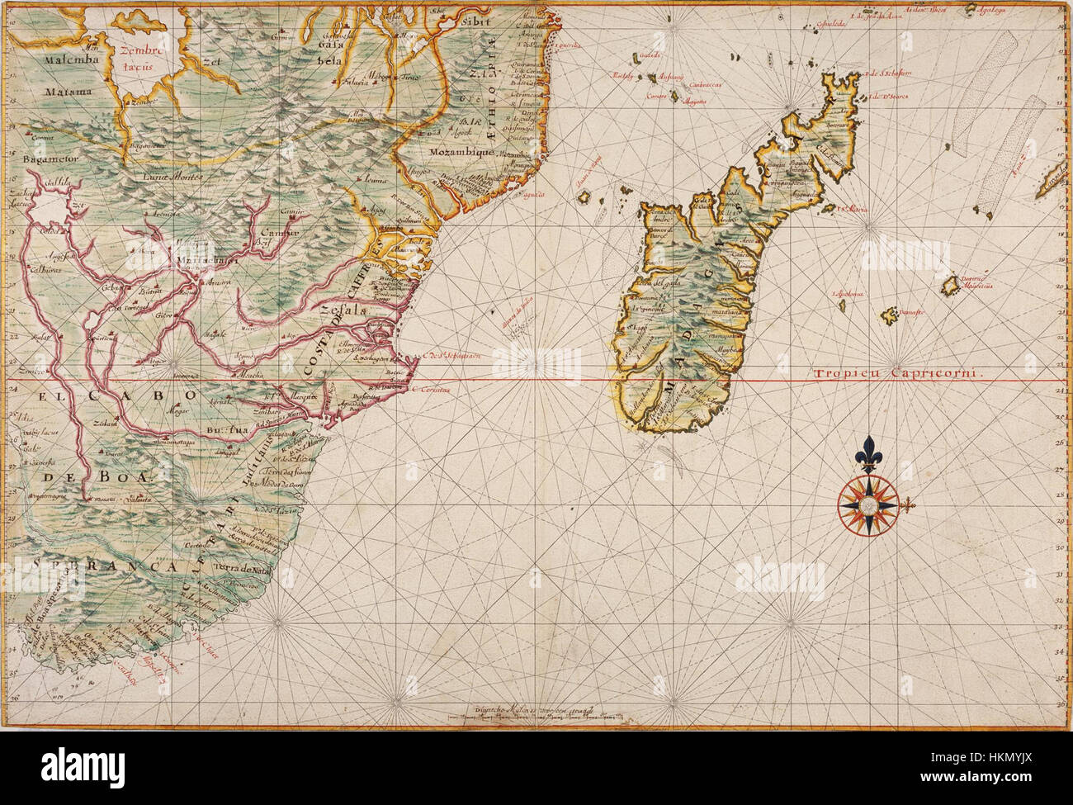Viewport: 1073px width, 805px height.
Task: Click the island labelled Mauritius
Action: [956, 287]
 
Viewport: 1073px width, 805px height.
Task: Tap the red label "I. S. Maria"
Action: [849, 210]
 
